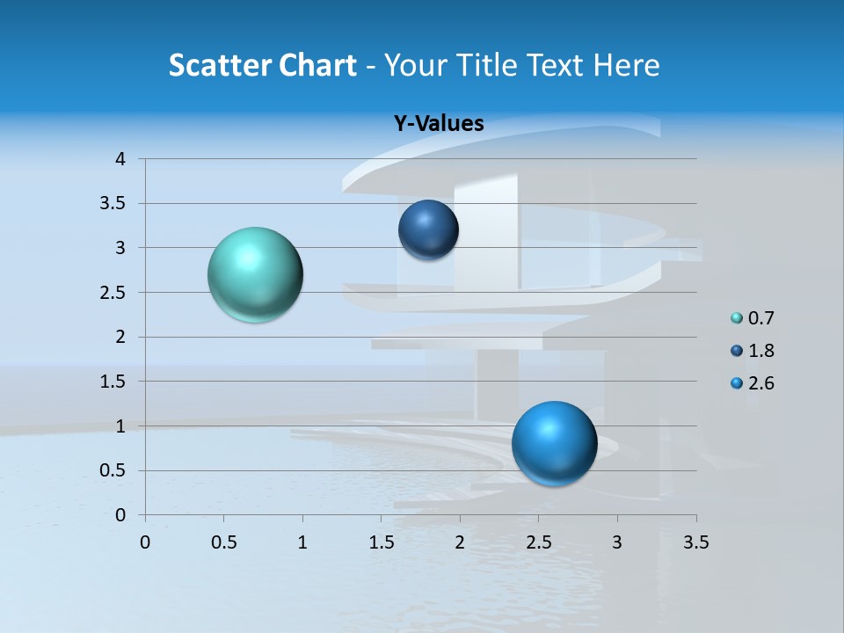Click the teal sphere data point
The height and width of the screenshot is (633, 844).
(256, 274)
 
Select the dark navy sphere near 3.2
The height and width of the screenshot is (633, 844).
(428, 229)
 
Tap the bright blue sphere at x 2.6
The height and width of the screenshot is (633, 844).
(554, 443)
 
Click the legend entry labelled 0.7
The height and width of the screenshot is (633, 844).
(760, 318)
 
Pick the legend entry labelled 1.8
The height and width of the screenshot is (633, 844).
(760, 351)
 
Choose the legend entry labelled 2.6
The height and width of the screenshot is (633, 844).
(760, 383)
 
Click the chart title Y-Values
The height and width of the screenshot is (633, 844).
(439, 124)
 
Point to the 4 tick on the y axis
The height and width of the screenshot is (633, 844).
(120, 159)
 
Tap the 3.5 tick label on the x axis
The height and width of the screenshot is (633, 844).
(695, 542)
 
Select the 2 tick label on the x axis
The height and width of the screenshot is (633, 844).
(460, 542)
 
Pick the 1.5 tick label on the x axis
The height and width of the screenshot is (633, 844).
(382, 542)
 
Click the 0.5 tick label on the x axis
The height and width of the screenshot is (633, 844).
(224, 542)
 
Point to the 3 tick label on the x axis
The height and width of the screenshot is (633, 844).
(617, 542)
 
